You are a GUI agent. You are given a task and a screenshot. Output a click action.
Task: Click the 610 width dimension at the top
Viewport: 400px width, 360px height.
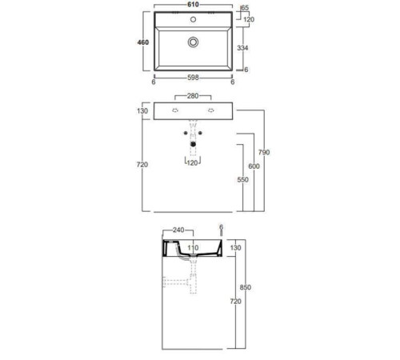(x=193, y=5)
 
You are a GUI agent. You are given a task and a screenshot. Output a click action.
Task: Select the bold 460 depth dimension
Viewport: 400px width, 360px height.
(x=143, y=42)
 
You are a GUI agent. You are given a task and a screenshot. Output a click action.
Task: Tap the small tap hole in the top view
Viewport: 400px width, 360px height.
(x=193, y=19)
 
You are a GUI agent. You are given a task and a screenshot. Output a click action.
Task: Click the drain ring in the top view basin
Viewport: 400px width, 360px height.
(x=193, y=42)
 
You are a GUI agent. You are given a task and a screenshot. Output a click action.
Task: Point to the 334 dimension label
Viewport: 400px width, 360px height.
(x=242, y=48)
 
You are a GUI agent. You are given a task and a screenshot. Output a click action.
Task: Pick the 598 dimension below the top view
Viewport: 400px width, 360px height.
(x=193, y=78)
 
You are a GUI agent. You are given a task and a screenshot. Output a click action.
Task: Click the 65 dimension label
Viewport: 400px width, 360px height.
(x=245, y=8)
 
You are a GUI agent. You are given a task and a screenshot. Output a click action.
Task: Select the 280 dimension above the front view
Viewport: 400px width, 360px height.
(x=193, y=96)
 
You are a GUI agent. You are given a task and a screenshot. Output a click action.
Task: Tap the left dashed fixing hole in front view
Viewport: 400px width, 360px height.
(x=175, y=110)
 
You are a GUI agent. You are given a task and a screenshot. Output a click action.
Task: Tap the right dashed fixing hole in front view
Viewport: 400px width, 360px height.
(x=211, y=110)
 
